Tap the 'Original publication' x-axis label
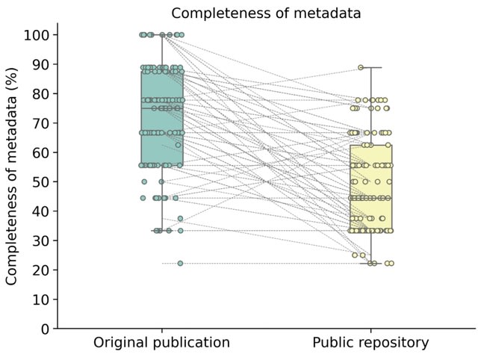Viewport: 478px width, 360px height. (x=161, y=343)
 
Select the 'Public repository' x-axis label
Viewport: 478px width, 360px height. (x=370, y=343)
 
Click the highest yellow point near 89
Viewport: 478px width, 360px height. (x=361, y=68)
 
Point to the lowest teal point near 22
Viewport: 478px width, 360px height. (x=180, y=263)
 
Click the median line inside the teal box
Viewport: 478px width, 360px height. (x=162, y=108)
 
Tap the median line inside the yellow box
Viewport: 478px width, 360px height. (x=370, y=198)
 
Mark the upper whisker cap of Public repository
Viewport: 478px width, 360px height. (x=370, y=68)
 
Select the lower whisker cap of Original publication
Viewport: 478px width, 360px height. (x=162, y=231)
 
